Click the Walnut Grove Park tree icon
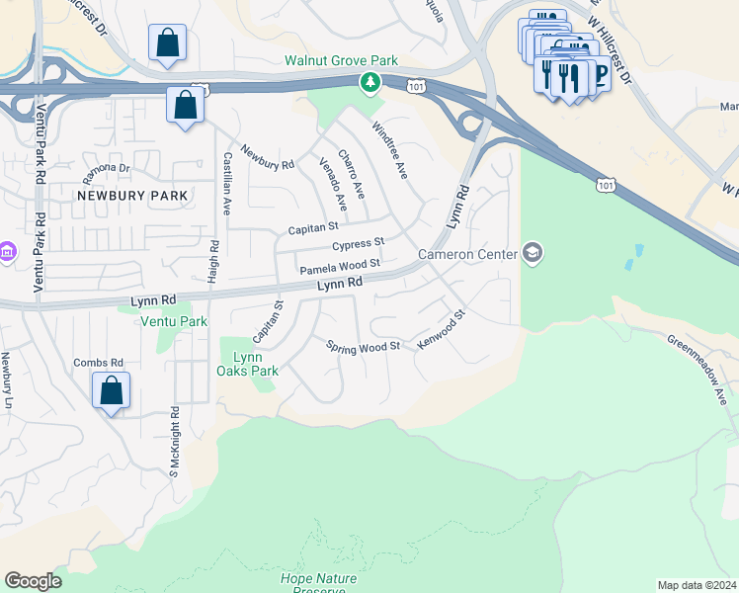370,83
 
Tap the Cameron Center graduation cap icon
534,254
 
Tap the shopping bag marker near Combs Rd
112,390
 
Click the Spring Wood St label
363,346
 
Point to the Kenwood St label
441,332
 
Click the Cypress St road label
358,244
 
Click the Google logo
33,581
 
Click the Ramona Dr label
106,167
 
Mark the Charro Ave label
352,171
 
